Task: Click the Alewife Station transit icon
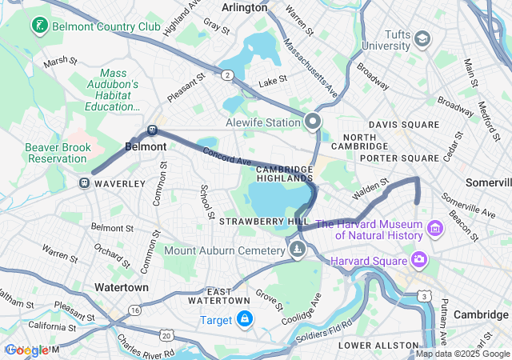point(313,122)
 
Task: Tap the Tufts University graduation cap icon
point(422,38)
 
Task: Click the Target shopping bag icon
point(245,320)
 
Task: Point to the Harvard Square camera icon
point(418,259)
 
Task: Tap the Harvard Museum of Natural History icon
point(435,230)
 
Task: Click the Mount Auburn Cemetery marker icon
point(298,250)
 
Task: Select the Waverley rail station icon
point(84,183)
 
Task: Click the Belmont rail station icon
point(152,131)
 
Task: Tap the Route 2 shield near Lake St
point(228,75)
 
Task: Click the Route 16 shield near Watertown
point(135,309)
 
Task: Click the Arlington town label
point(245,7)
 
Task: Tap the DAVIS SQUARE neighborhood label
point(403,125)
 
